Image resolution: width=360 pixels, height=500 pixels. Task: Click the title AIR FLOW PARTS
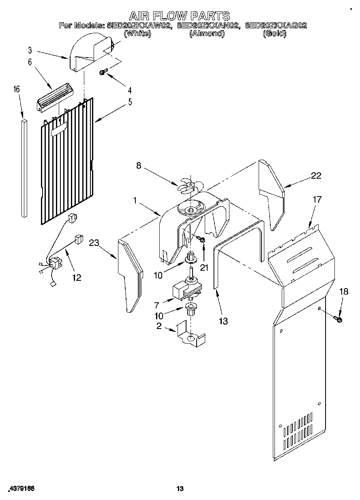(x=180, y=16)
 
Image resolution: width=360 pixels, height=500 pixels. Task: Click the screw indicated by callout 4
(x=103, y=72)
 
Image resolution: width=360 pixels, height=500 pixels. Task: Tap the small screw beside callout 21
(x=201, y=240)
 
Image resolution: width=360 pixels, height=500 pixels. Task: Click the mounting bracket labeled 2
(x=190, y=335)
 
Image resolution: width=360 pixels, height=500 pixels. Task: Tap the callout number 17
(x=317, y=199)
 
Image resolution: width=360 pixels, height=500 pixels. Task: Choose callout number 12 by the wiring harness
(x=76, y=278)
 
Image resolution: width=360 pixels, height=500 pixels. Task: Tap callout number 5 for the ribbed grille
(x=130, y=102)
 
